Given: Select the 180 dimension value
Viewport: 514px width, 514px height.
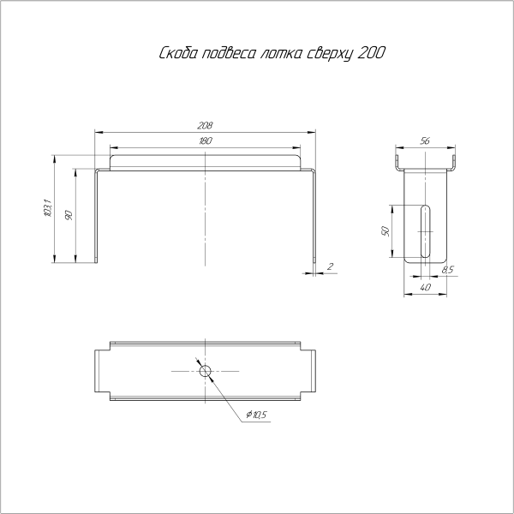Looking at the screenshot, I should pyautogui.click(x=205, y=140).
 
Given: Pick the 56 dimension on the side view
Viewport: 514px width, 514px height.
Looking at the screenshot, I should pyautogui.click(x=425, y=140).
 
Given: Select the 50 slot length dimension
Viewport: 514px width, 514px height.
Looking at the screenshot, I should pyautogui.click(x=386, y=231).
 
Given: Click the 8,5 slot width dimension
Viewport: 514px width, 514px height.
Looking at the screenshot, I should pyautogui.click(x=447, y=270).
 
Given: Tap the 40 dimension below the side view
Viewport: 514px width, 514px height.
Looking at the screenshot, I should pyautogui.click(x=426, y=289).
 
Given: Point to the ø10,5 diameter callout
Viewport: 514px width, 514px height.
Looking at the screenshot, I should pyautogui.click(x=256, y=415).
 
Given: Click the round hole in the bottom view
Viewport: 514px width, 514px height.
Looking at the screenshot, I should pyautogui.click(x=205, y=371).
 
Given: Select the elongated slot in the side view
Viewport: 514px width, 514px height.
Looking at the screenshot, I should pyautogui.click(x=425, y=230).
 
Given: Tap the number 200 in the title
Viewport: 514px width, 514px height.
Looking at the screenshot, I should pyautogui.click(x=369, y=53).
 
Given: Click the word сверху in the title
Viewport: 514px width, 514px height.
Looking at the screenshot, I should pyautogui.click(x=328, y=55).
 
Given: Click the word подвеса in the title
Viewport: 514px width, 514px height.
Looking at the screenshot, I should pyautogui.click(x=228, y=55).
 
